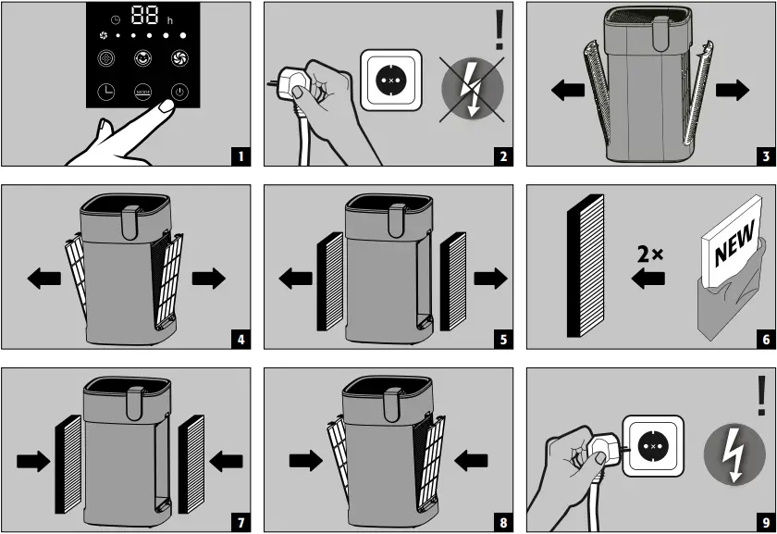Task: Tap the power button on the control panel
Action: (178, 93)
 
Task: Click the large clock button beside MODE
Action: (107, 93)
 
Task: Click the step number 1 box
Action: (240, 156)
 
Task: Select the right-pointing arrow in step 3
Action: (732, 90)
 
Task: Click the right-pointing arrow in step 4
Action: (208, 279)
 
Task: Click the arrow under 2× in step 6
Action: (649, 279)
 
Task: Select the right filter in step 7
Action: (191, 462)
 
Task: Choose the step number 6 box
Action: (765, 340)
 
